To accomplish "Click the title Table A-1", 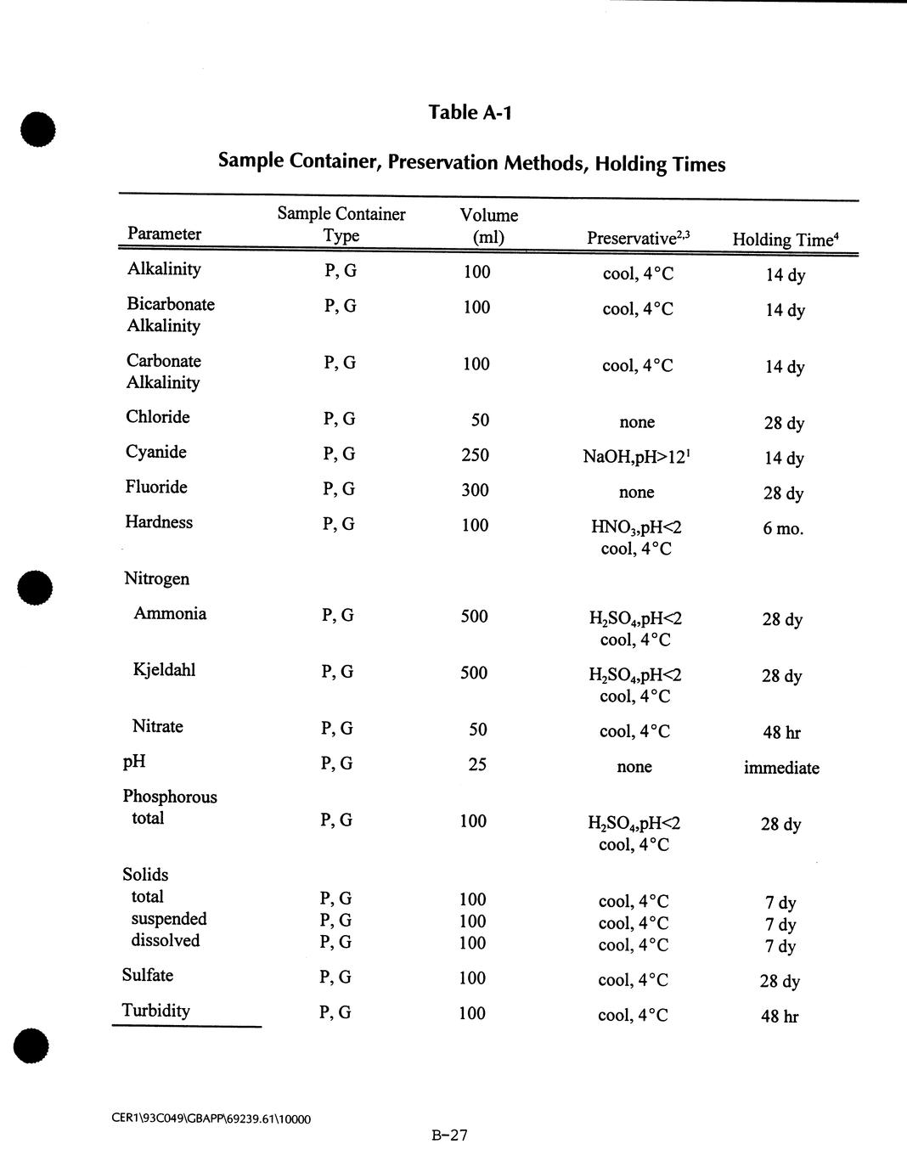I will [x=470, y=112].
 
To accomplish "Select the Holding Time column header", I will [x=785, y=239].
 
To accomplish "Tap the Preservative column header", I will [x=638, y=238].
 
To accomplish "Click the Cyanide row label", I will [x=156, y=452].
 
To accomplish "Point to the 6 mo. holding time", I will [x=782, y=528].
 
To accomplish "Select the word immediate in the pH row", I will [x=781, y=768].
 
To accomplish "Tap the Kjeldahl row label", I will [x=164, y=670].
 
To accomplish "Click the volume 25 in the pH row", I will [x=477, y=764].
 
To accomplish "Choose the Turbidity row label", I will [x=155, y=1011].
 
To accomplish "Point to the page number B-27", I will [x=449, y=1135].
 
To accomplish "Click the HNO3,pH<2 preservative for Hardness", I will [x=636, y=527].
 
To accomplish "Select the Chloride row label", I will [x=158, y=417].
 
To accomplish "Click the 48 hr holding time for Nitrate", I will [x=781, y=732].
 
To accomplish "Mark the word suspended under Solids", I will [x=169, y=919].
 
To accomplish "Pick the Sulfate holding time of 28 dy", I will [x=780, y=981].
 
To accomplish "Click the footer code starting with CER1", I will [x=211, y=1119].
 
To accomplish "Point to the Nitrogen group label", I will [x=156, y=578].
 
